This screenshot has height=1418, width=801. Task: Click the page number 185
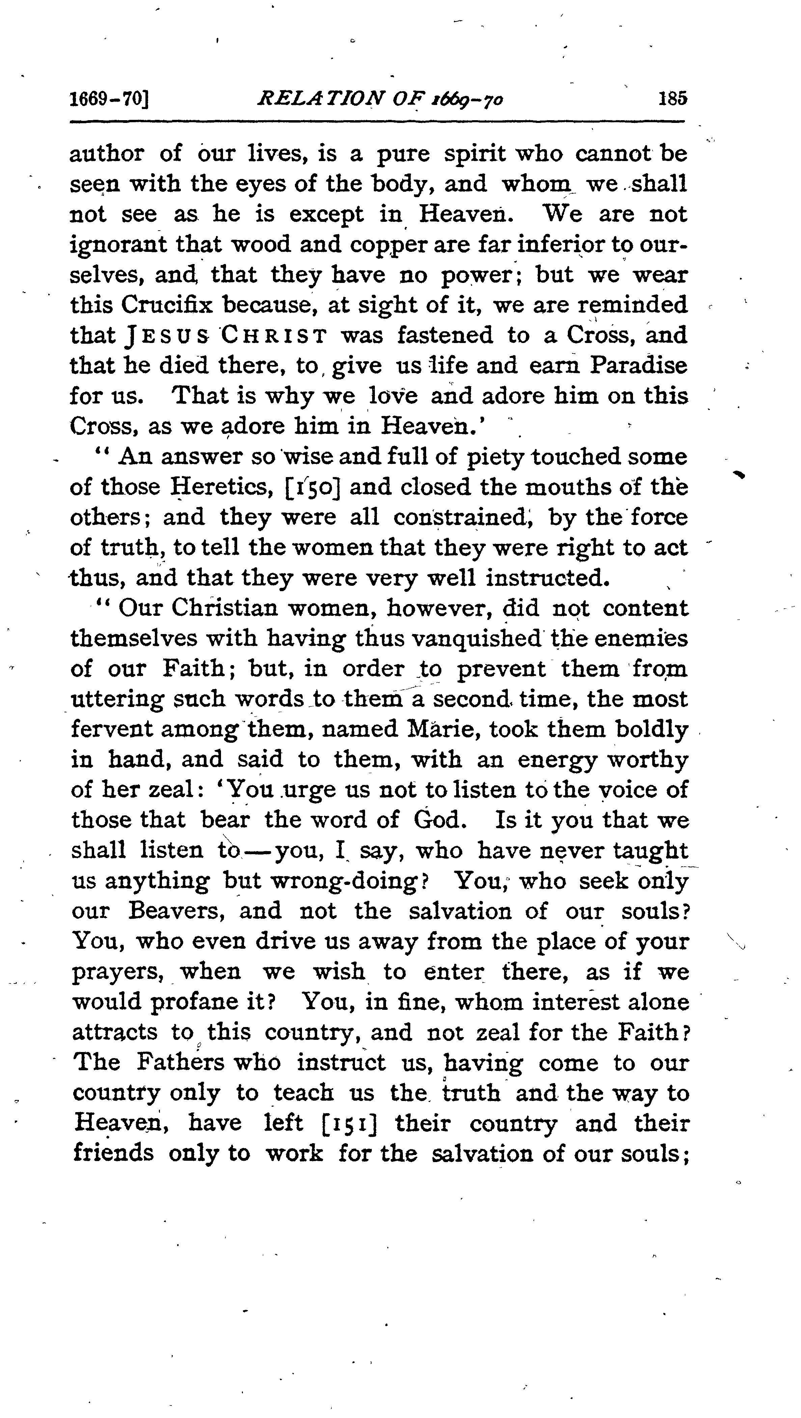click(672, 99)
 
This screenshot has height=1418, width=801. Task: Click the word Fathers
click(181, 1062)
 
